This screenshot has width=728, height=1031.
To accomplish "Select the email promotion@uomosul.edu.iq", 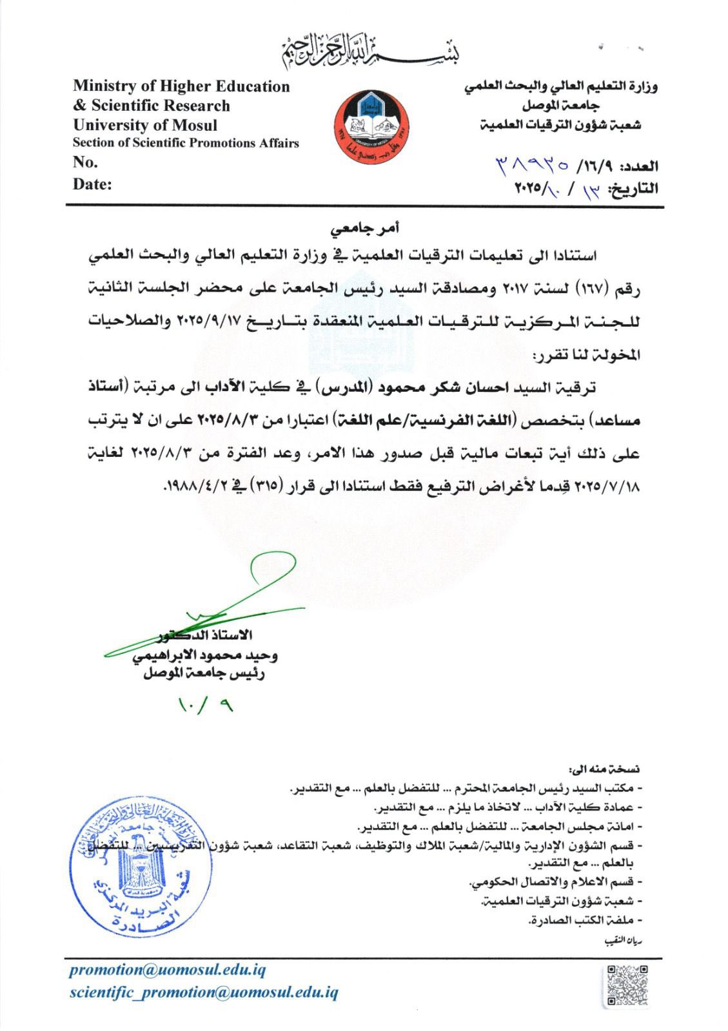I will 167,970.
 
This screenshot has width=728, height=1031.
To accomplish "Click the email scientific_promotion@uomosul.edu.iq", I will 204,992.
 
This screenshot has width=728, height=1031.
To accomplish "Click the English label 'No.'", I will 86,162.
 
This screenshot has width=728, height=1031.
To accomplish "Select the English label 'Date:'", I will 92,184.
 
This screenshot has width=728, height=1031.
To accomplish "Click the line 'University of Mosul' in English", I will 145,125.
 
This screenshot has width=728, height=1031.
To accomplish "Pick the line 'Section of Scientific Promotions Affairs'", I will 186,143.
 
